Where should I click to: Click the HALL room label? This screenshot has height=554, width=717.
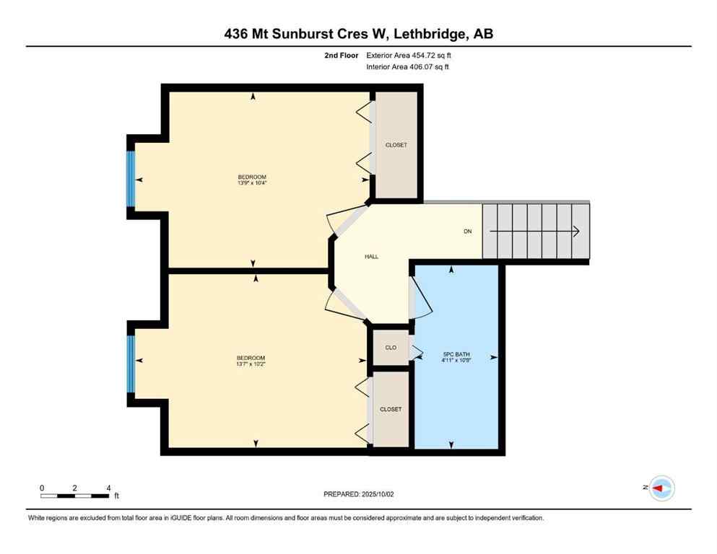(371, 256)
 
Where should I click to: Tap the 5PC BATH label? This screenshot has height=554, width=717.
(456, 353)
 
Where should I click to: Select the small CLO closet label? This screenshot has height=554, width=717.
(391, 348)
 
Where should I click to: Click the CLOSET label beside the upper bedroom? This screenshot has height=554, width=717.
(396, 145)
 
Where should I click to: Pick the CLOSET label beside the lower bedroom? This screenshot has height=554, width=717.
(391, 409)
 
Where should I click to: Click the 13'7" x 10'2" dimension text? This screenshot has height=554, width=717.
(251, 364)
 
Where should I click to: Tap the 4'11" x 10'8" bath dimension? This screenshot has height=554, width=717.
(456, 360)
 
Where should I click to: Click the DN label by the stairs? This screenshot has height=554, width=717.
(468, 232)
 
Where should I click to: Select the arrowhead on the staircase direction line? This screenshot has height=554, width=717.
(576, 232)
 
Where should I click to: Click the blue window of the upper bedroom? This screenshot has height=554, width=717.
(131, 178)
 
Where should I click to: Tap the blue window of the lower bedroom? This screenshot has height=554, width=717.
(131, 364)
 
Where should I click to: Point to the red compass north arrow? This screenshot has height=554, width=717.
(658, 488)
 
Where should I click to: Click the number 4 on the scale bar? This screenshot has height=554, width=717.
(108, 488)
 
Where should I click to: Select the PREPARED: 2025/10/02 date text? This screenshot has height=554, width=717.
(359, 494)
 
